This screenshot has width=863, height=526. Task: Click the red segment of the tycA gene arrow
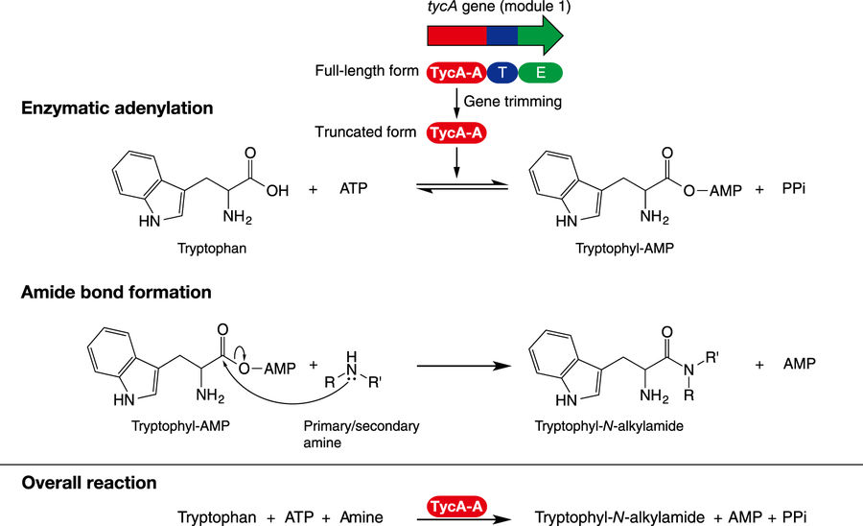click(456, 36)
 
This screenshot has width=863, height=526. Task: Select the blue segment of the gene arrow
click(501, 36)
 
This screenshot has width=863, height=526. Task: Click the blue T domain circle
click(502, 71)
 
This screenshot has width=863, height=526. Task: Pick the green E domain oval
click(540, 71)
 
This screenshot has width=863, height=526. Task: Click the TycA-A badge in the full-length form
click(455, 71)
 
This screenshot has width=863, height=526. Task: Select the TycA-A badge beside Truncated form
click(455, 132)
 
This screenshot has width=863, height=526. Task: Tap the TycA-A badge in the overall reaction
click(454, 502)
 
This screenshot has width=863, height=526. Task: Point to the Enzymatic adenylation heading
click(117, 108)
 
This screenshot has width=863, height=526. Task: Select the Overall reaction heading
click(89, 482)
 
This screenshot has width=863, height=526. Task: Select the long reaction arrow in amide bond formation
click(459, 365)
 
